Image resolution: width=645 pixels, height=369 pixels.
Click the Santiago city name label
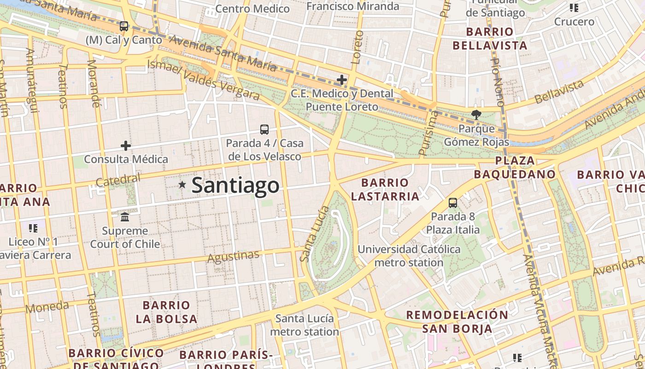[235, 185]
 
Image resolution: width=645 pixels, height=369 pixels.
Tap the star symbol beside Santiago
[182, 185]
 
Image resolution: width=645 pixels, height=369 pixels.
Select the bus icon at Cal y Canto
[123, 26]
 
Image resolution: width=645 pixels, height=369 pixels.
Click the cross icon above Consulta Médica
[125, 146]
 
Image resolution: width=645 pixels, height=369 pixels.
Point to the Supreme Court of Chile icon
[125, 217]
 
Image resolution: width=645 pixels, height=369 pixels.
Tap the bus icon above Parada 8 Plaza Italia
[452, 203]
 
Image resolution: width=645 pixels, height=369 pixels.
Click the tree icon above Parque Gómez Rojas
[476, 114]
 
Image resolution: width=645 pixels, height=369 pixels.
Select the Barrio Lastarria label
[385, 190]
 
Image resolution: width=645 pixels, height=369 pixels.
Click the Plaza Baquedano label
[515, 167]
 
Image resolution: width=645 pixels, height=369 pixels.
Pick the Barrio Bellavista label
[489, 39]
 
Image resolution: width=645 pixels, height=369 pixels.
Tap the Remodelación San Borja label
[457, 321]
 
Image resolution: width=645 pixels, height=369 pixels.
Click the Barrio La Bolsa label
[166, 312]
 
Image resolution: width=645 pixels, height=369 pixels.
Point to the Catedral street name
[118, 180]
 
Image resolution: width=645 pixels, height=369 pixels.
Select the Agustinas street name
[233, 256]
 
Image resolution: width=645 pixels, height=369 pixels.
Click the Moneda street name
[47, 307]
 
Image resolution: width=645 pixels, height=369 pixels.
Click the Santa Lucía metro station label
[304, 325]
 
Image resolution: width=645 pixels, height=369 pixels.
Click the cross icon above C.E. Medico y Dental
[341, 80]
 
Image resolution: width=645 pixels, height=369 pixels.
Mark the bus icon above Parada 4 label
[264, 130]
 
